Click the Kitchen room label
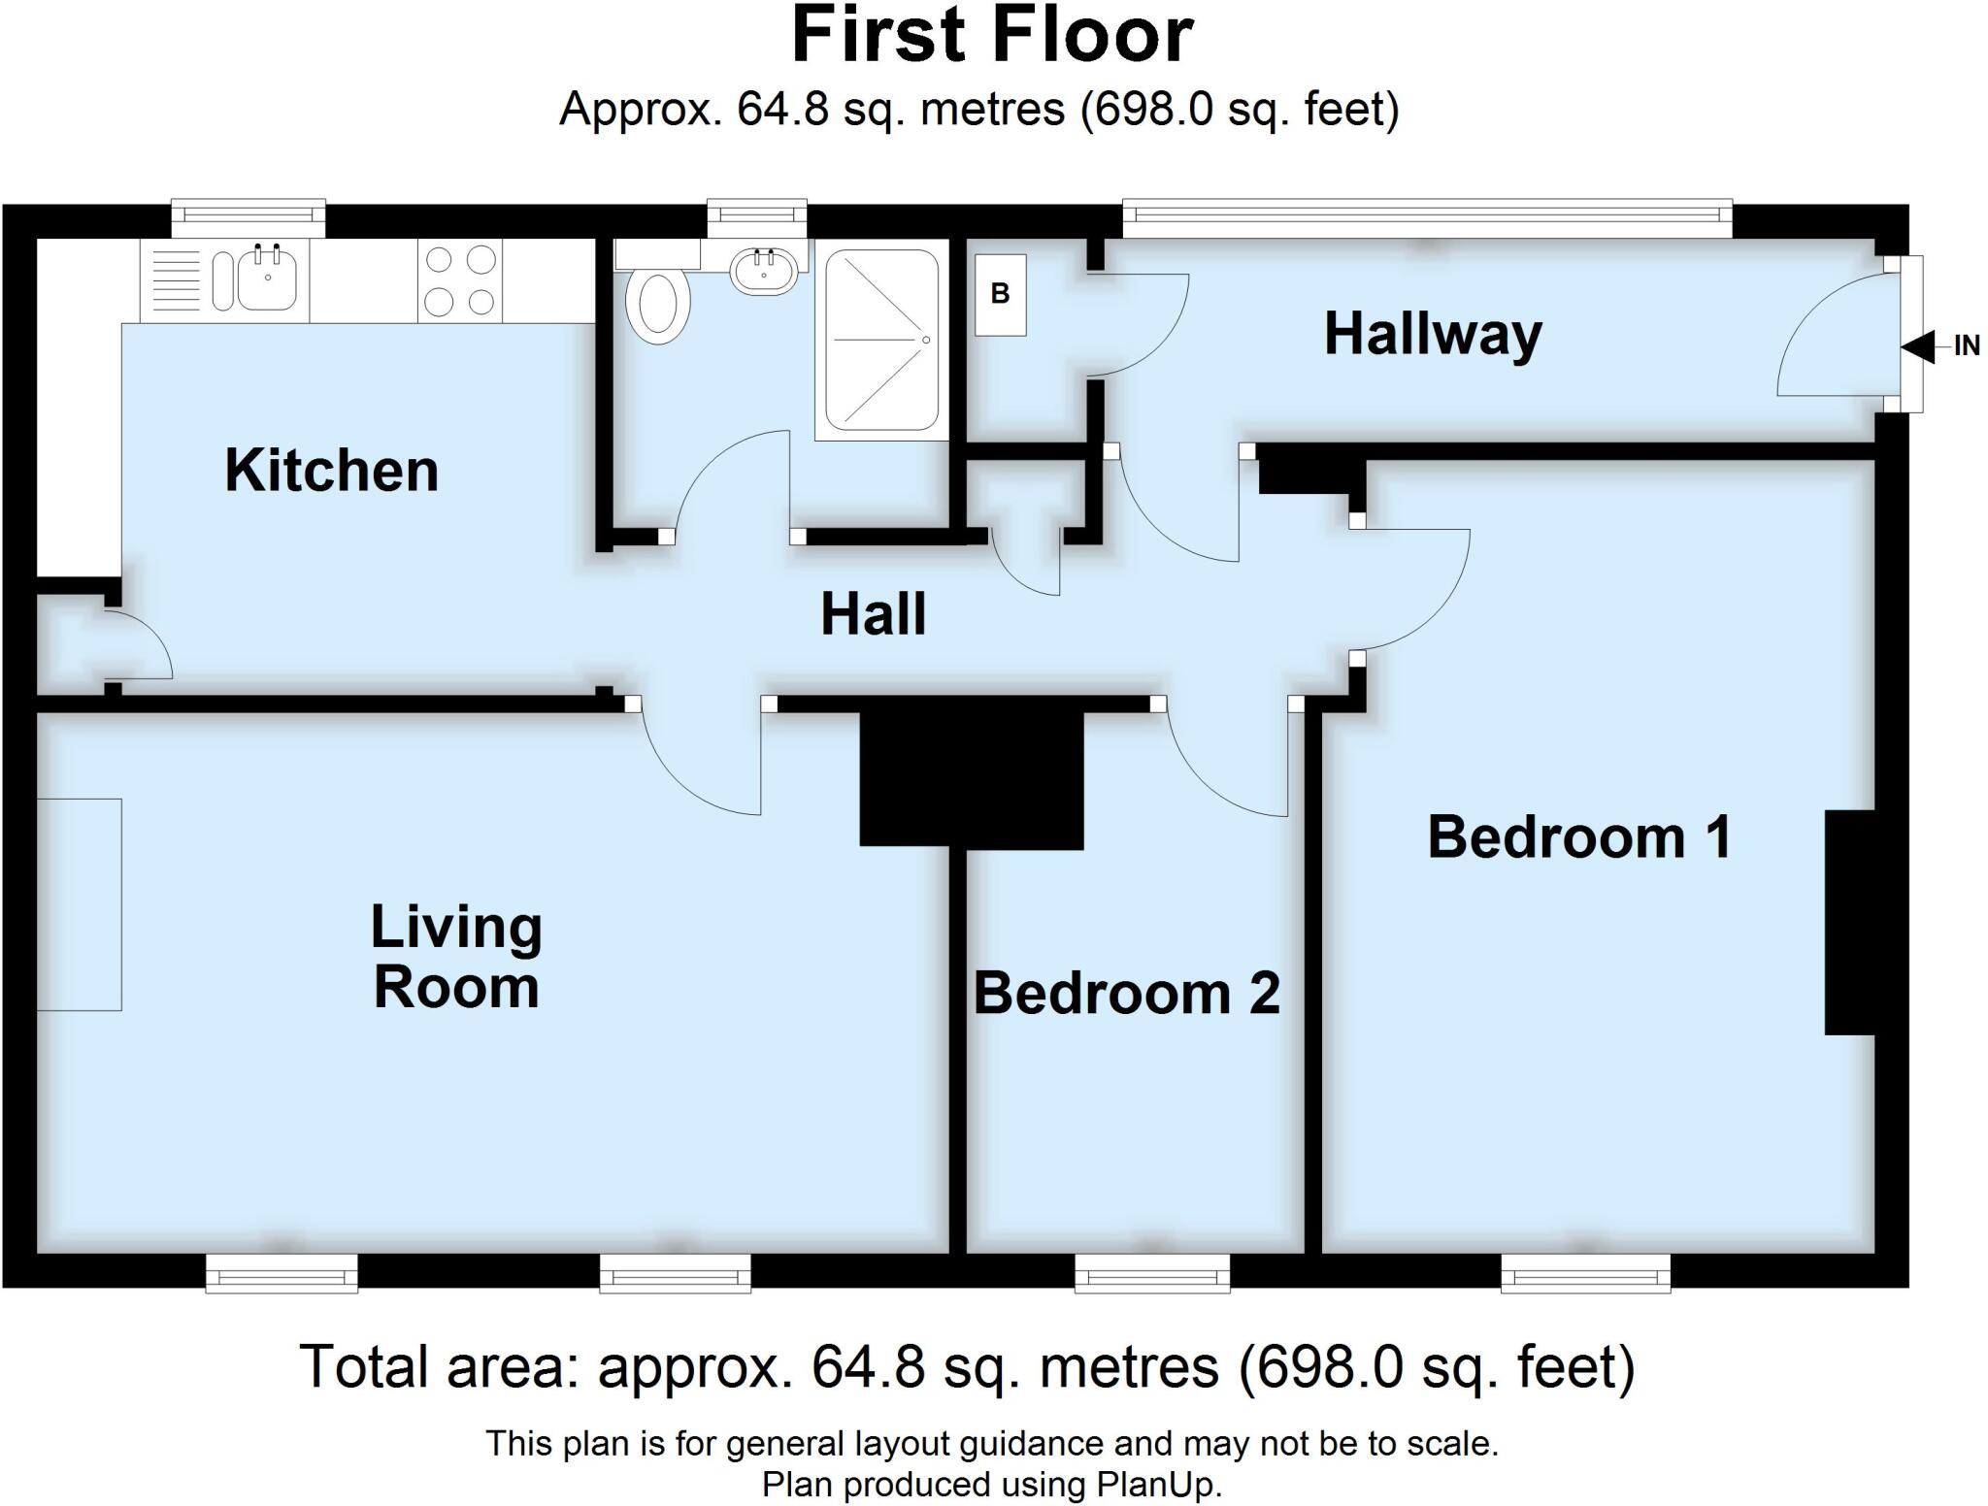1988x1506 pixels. (331, 471)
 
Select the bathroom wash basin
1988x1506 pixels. (765, 270)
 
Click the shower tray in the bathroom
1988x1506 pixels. (881, 340)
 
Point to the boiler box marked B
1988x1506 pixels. (1000, 294)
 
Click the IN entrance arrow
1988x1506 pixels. (1919, 346)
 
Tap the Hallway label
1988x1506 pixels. (1433, 335)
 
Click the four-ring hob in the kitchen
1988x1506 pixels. (461, 281)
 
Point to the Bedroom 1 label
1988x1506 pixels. (1579, 837)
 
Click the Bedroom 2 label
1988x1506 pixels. (1127, 993)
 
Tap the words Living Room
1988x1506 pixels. (456, 957)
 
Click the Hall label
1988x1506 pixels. (873, 614)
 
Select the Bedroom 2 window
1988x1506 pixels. (1152, 1273)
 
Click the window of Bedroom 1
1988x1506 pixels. (1585, 1273)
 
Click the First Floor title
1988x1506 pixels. (992, 37)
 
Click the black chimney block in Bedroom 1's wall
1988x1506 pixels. (1851, 922)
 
